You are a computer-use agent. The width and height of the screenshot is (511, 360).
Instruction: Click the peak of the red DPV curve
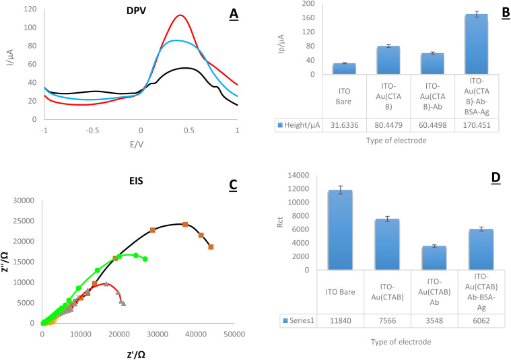coord(180,15)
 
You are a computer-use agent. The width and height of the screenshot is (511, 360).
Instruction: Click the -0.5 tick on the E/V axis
coord(92,128)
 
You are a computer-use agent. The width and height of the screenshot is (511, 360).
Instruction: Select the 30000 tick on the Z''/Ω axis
coord(26,201)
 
